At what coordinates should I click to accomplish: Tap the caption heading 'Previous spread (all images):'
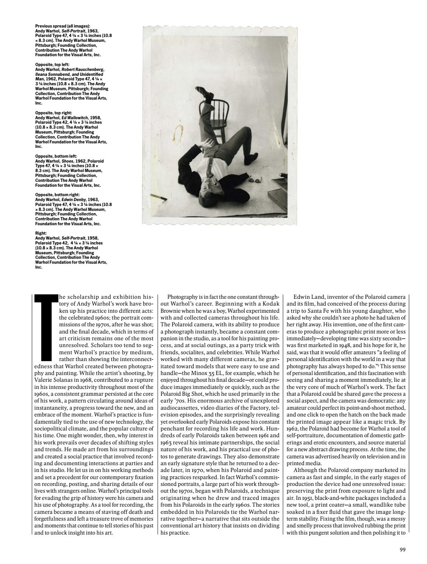coord(62,26)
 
